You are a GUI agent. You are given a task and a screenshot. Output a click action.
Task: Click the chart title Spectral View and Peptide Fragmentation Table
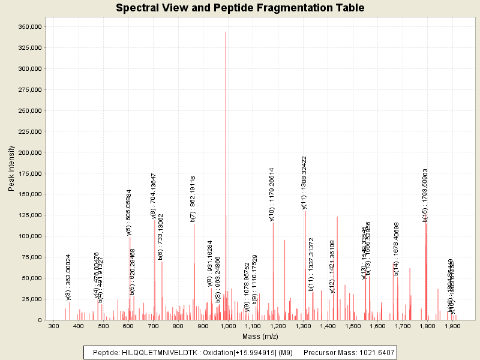240,8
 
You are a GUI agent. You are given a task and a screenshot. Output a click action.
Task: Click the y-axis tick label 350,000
29,27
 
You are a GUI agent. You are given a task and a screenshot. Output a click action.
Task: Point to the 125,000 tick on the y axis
29,215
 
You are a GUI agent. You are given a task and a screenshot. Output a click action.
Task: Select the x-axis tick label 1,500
353,326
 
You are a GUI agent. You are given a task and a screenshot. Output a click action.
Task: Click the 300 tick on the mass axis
53,326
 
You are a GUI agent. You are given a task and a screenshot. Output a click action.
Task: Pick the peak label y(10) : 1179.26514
272,194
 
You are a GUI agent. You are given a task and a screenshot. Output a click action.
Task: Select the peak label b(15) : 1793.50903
425,196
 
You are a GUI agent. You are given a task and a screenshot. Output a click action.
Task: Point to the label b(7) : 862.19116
193,199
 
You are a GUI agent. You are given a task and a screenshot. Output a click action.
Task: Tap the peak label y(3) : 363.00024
68,277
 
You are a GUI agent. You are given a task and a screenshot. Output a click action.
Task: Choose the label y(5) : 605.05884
128,213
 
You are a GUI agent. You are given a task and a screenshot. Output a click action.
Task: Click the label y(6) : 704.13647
154,196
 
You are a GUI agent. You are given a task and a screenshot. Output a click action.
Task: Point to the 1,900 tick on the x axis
452,326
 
